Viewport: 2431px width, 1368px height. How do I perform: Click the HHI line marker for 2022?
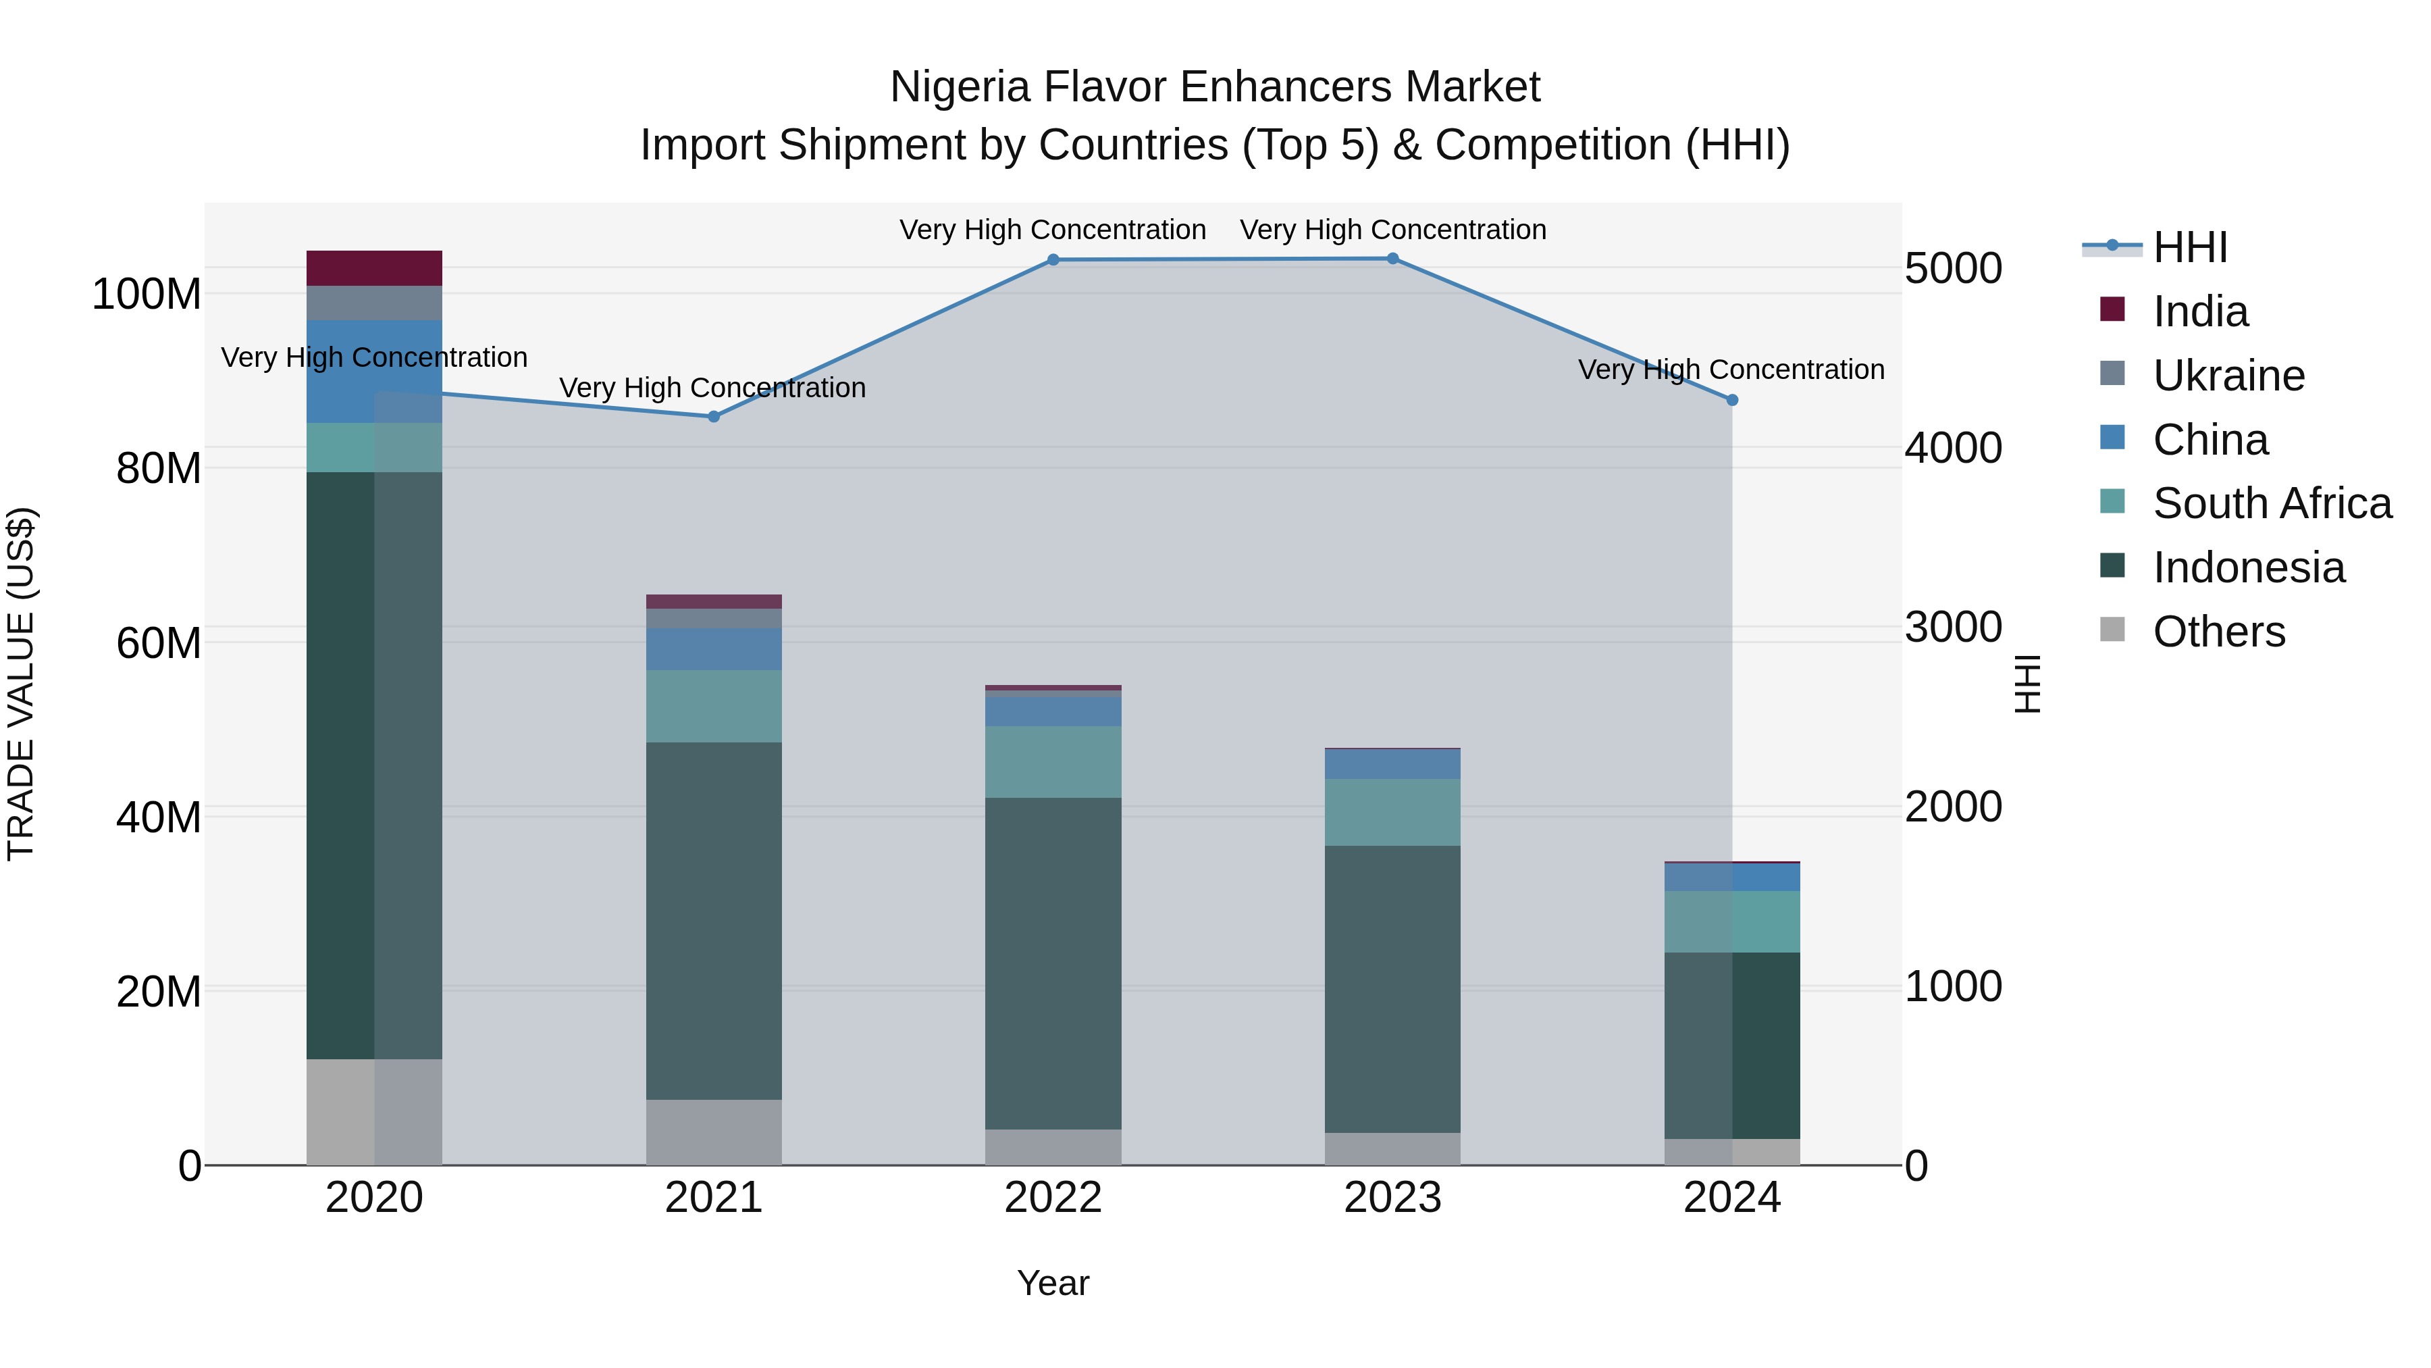click(x=1053, y=259)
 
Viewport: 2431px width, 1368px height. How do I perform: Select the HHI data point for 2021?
click(x=714, y=416)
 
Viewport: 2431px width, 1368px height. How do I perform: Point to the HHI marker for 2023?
click(x=1393, y=259)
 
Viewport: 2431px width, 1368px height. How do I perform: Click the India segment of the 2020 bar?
click(x=375, y=268)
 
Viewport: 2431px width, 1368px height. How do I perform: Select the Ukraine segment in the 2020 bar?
click(x=375, y=303)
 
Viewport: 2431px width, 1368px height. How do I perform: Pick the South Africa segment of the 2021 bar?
click(x=714, y=706)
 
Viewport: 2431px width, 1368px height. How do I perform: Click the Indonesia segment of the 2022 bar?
click(x=1053, y=963)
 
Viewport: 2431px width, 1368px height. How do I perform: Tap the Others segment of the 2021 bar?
click(x=714, y=1132)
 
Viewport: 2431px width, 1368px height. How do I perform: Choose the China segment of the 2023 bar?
click(x=1393, y=764)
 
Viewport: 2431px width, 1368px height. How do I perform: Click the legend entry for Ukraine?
click(x=2228, y=376)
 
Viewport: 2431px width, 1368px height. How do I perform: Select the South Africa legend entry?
click(x=2272, y=503)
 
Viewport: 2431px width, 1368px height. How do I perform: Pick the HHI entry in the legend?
click(x=2189, y=247)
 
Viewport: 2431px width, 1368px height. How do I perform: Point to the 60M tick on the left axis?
click(x=159, y=643)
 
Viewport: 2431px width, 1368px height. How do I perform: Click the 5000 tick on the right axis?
click(x=1952, y=268)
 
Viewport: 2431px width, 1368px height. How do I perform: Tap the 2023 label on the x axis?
click(x=1393, y=1198)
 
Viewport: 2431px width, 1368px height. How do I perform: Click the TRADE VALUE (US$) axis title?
click(x=21, y=684)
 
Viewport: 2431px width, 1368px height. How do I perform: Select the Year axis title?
click(x=1053, y=1283)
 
